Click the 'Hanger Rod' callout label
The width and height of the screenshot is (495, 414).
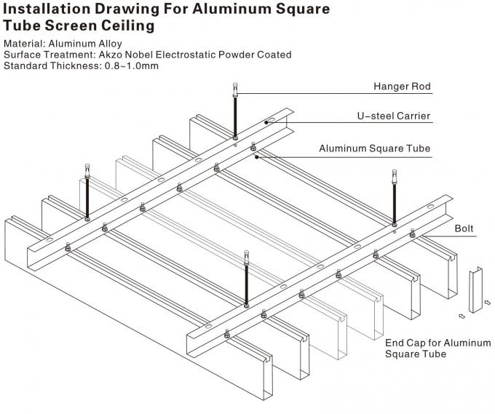pos(402,87)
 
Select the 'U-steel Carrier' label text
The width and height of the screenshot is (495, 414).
pos(394,116)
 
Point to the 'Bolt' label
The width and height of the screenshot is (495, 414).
pos(464,228)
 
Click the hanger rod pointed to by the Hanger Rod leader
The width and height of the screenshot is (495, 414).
pos(235,114)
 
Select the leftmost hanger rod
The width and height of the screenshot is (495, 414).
pos(87,193)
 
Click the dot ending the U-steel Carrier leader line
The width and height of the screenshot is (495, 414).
pos(266,123)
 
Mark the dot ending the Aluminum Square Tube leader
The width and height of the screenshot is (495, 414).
pos(255,154)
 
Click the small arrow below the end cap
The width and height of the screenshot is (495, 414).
pos(462,315)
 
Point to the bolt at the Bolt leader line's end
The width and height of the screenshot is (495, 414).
pos(413,234)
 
